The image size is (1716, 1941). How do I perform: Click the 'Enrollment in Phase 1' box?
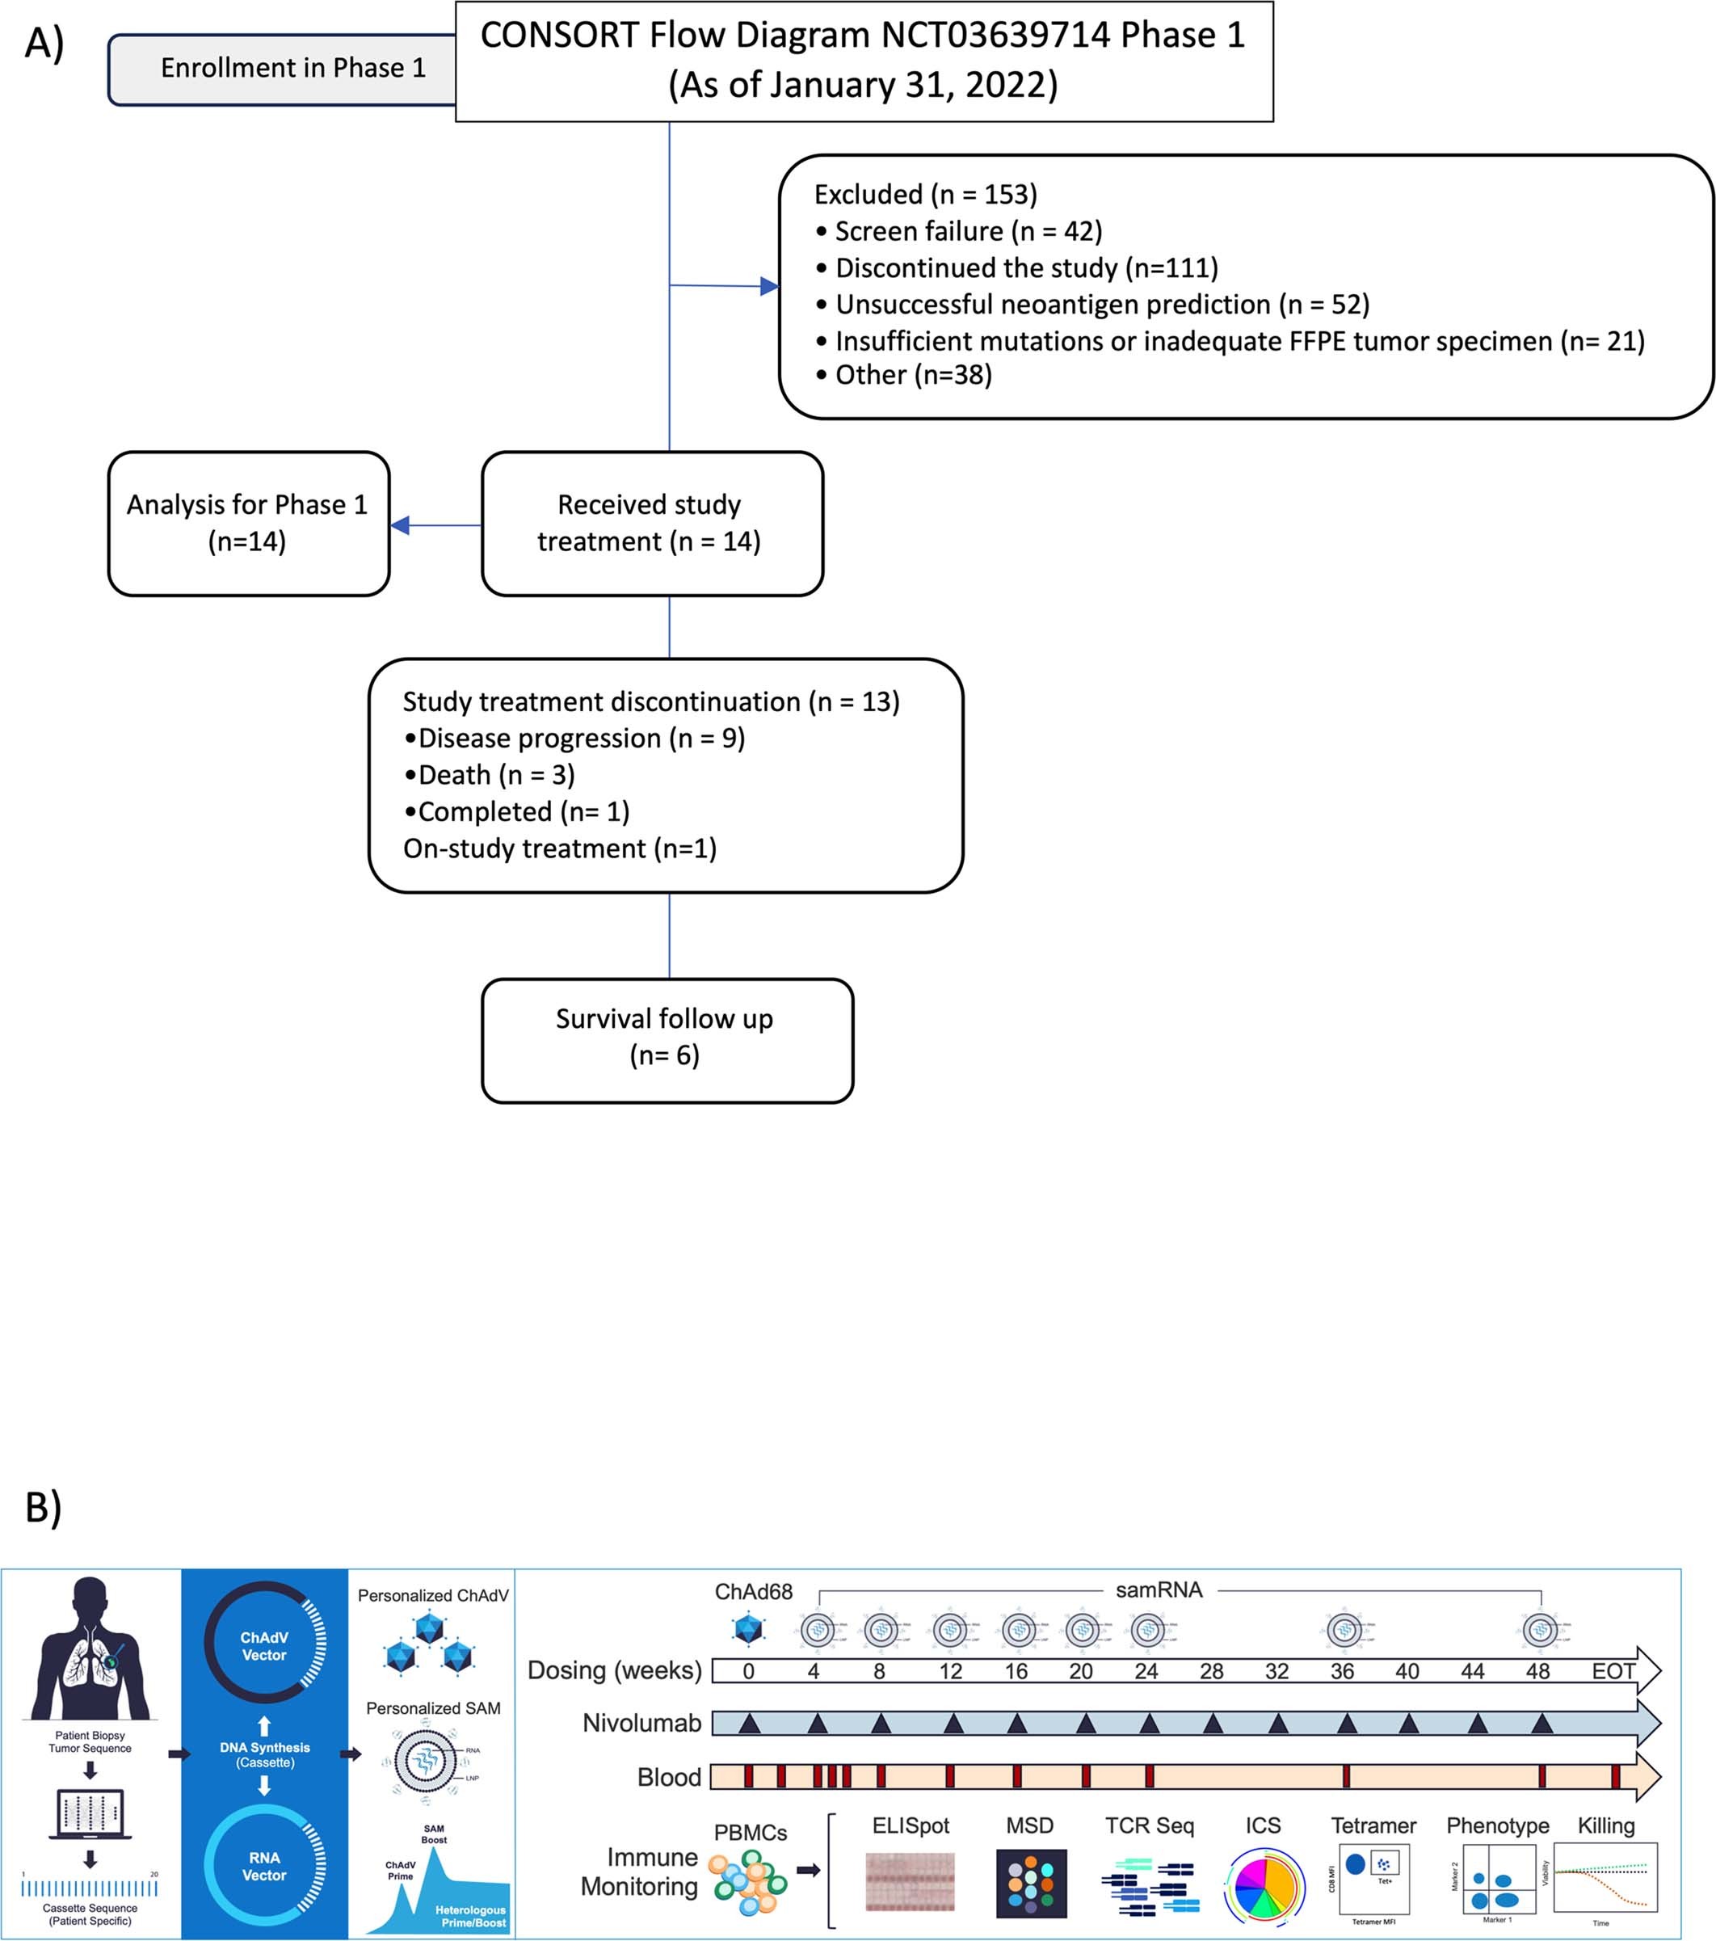(x=285, y=69)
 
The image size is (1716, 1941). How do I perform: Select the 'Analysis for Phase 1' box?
(x=248, y=524)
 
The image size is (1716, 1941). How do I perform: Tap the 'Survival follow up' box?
(x=666, y=1040)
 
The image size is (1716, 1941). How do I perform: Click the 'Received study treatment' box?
(x=650, y=524)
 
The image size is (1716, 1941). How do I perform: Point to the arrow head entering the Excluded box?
(x=769, y=286)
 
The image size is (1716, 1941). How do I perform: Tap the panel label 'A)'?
(x=44, y=44)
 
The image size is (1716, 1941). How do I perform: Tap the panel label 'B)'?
(x=44, y=1507)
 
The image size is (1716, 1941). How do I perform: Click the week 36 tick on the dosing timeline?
(x=1341, y=1671)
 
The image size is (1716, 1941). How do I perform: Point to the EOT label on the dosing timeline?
(x=1613, y=1671)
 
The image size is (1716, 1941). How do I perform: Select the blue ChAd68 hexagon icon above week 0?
(x=748, y=1630)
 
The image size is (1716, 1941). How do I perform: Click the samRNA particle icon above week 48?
(x=1539, y=1631)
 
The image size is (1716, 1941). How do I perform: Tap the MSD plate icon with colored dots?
(x=1032, y=1883)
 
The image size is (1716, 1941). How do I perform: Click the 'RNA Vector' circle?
(x=264, y=1867)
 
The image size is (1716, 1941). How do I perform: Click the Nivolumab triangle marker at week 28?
(x=1213, y=1724)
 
